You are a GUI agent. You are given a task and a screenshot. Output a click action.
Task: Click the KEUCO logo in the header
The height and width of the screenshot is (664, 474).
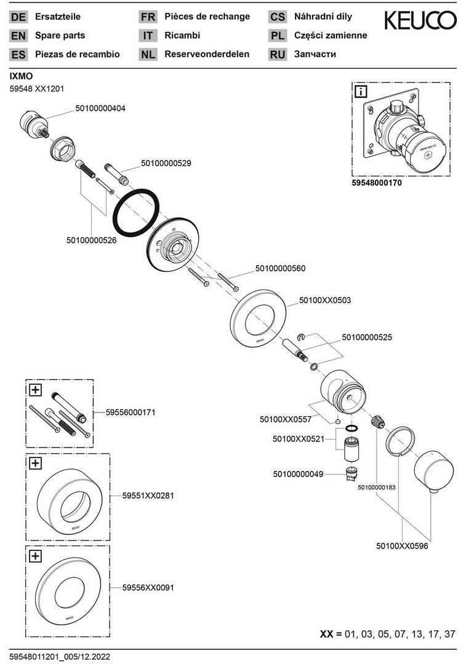[420, 22]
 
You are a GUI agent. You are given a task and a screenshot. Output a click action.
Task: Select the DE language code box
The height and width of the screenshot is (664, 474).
[18, 17]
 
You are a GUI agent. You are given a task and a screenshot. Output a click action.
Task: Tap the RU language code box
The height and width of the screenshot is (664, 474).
[278, 54]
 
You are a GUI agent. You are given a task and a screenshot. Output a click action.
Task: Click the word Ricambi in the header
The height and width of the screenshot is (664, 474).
[182, 36]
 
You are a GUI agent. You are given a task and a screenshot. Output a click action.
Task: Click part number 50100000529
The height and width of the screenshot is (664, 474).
[166, 163]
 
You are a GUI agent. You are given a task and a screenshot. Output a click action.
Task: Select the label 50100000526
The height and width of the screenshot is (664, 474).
[91, 240]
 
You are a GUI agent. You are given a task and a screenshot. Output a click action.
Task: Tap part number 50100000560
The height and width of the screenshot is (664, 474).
[280, 269]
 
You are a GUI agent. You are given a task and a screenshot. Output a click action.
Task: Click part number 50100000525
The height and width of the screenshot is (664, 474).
[367, 337]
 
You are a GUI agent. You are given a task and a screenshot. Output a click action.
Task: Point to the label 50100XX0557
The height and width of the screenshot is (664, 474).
[284, 419]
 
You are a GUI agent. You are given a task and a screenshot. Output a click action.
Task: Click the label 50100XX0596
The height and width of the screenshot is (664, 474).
[402, 545]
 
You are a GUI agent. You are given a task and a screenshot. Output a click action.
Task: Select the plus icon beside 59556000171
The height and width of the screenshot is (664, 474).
[35, 389]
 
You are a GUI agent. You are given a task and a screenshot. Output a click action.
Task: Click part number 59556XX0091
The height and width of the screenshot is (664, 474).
[148, 588]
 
